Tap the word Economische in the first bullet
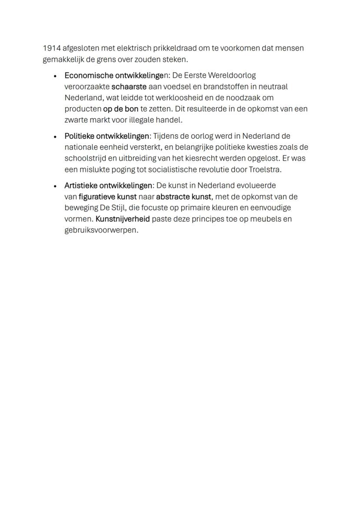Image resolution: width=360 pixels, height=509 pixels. coord(87,75)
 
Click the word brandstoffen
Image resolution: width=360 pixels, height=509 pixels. coord(224,86)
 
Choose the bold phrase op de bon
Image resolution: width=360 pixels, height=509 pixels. coord(120,109)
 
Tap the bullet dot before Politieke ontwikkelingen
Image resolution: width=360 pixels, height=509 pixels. coord(55,136)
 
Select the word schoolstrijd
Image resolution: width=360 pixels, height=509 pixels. coord(84,158)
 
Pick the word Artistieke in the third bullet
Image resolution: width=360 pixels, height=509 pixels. coord(81,186)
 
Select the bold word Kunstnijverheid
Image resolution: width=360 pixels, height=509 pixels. coord(123,219)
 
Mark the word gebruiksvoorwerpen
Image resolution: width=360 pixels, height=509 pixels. coord(101,230)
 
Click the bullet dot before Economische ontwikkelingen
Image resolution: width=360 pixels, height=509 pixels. coord(55,76)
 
